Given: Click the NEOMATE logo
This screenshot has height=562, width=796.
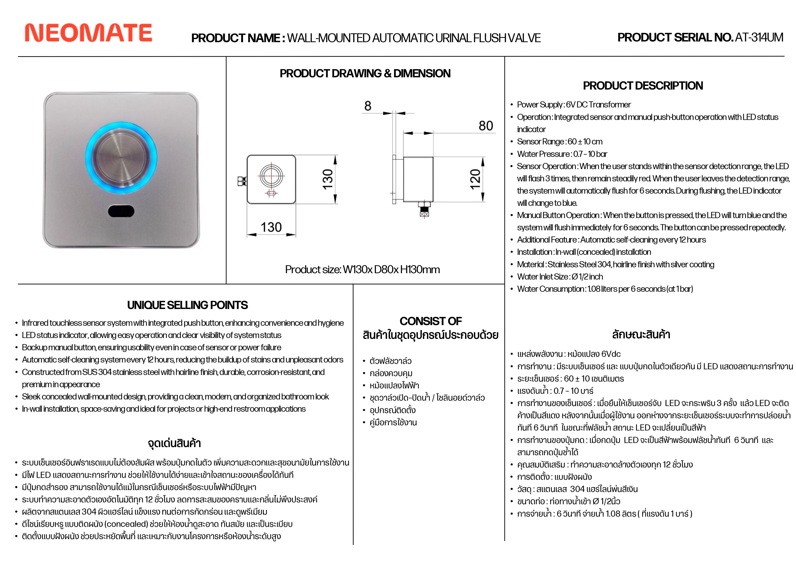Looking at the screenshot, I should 88,33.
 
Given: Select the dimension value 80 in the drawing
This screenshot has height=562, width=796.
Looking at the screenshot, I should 486,126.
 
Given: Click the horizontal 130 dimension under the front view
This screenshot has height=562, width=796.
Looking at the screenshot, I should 271,227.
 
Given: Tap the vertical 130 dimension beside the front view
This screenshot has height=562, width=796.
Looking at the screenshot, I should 328,179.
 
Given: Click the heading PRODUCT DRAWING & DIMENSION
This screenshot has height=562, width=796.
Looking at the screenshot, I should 365,73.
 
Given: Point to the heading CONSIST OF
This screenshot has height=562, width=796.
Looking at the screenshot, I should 431,321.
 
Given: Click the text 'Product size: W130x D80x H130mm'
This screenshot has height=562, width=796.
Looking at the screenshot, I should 362,270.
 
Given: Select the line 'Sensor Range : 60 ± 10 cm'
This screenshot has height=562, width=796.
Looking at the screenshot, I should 560,142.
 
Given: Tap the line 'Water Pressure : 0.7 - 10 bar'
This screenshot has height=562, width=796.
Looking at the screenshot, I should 562,154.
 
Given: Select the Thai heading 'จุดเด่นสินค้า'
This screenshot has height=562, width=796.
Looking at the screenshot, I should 174,443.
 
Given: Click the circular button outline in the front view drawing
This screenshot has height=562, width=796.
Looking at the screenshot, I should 272,176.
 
